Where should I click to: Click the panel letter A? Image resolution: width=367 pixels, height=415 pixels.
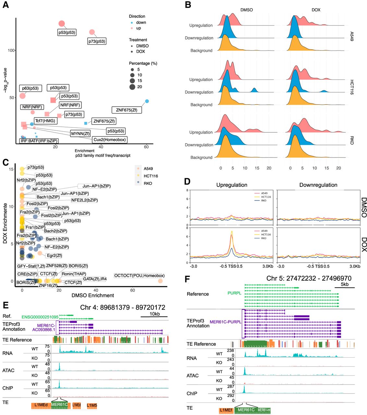(6, 5)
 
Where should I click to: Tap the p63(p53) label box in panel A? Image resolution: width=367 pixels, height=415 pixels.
(31, 88)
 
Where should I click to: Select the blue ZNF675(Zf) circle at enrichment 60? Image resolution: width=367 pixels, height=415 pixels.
(147, 101)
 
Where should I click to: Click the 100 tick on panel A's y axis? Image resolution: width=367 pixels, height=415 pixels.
(11, 50)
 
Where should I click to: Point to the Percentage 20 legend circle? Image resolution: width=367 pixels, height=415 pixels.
(132, 87)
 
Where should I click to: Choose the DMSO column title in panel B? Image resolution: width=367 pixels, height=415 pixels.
(247, 10)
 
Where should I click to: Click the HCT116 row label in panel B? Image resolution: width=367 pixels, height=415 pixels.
(352, 87)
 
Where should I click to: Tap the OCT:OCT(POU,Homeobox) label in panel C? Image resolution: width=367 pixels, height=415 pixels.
(140, 276)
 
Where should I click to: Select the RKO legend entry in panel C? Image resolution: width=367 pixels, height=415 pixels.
(148, 183)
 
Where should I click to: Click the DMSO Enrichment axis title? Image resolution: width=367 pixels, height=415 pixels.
(93, 295)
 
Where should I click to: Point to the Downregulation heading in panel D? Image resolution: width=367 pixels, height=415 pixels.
(318, 185)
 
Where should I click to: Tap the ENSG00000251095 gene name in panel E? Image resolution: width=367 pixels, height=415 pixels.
(40, 317)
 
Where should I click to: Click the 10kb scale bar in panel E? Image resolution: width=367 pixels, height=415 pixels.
(154, 316)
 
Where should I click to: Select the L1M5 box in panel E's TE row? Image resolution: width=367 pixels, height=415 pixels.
(92, 405)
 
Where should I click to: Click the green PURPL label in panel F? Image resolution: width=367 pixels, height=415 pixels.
(234, 293)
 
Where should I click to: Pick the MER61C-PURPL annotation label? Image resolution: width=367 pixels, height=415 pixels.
(226, 322)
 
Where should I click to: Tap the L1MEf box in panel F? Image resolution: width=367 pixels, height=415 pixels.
(226, 410)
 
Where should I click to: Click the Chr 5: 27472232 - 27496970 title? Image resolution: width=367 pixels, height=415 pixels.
(309, 279)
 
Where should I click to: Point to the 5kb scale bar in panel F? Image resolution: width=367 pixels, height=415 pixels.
(345, 287)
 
